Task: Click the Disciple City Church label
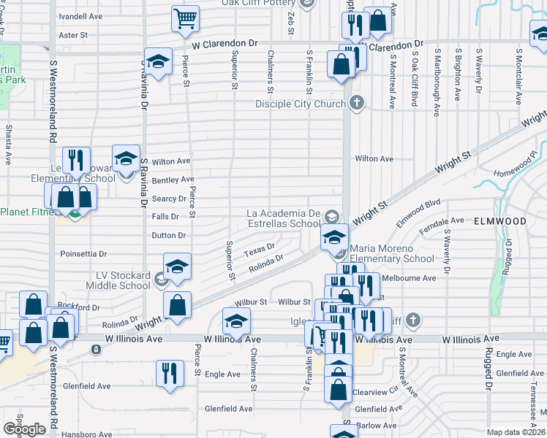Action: point(300,104)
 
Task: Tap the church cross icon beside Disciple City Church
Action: point(357,102)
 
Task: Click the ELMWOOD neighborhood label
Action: point(500,220)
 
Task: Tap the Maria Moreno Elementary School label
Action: point(392,253)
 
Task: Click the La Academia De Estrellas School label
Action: point(284,218)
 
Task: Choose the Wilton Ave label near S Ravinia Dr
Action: point(170,161)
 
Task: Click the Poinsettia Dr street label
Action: point(83,254)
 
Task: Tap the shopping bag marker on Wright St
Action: point(176,305)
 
